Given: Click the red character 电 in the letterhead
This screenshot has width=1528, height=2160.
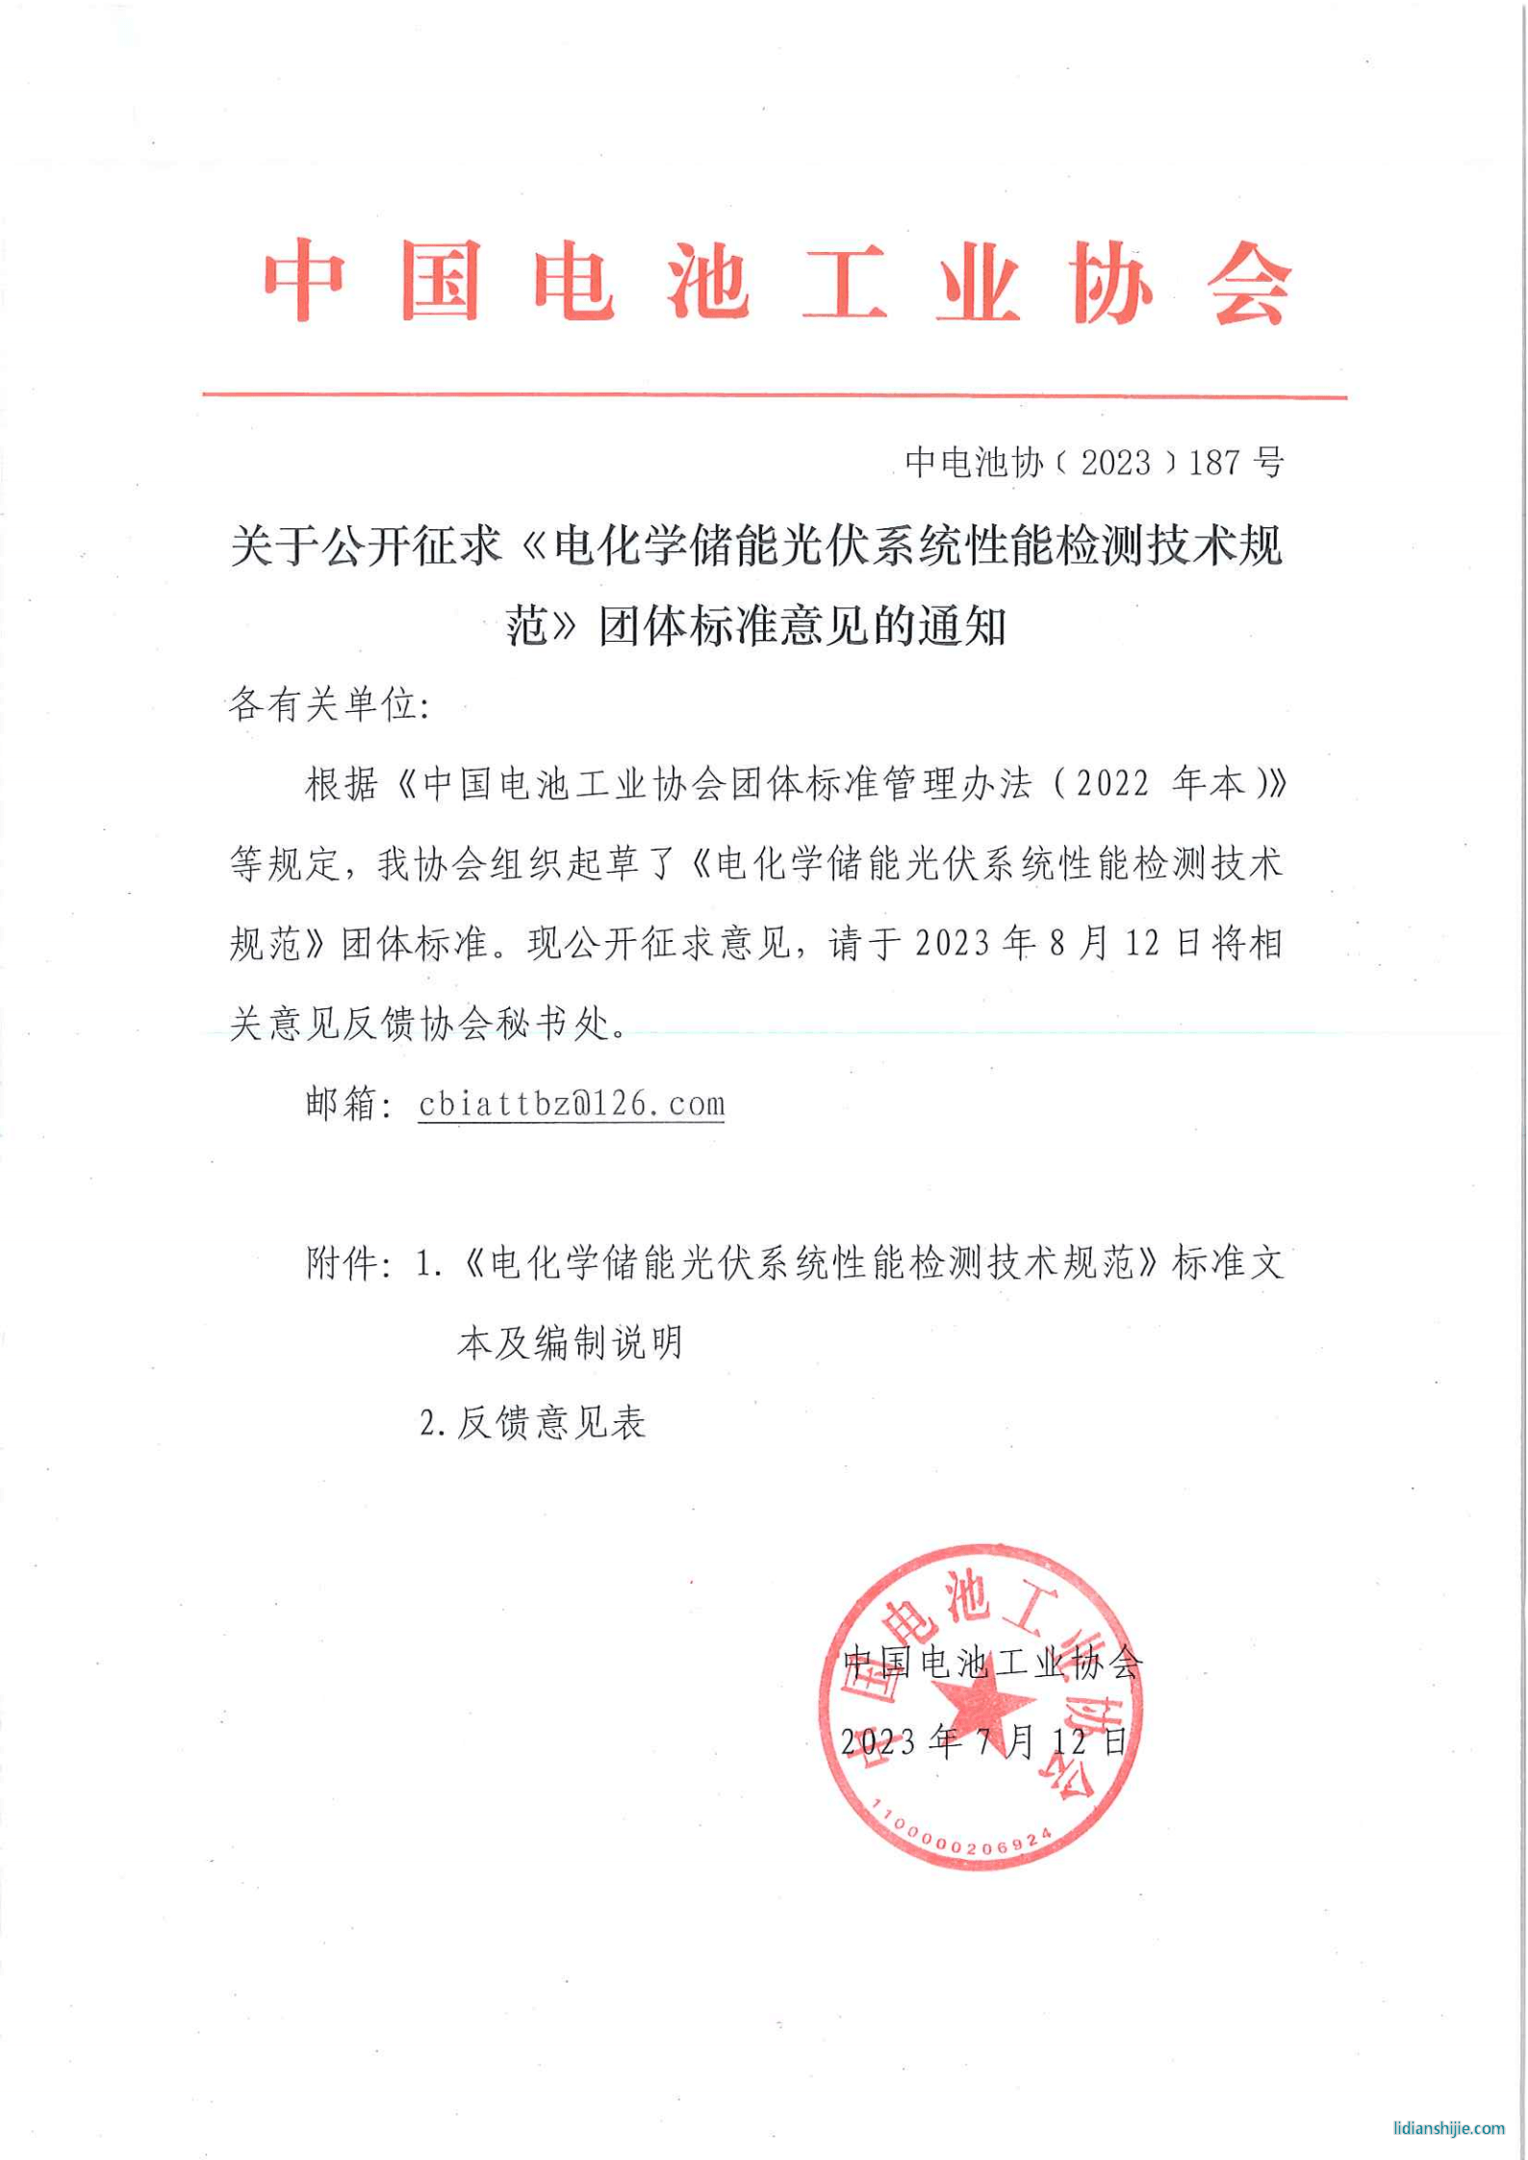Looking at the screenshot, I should [x=573, y=280].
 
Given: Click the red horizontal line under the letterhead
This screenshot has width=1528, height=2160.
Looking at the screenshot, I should [x=774, y=394].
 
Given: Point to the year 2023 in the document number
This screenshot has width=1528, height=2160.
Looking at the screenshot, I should [x=1115, y=463].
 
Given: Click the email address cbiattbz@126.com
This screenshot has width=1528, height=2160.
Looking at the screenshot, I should [x=572, y=1104].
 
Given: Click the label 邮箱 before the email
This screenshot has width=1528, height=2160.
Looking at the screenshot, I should [x=341, y=1104].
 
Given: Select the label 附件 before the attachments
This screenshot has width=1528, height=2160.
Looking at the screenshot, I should [x=341, y=1263].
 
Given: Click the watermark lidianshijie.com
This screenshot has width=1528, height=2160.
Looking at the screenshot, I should [x=1448, y=2127].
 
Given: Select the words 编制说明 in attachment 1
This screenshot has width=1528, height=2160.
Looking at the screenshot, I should [x=608, y=1343].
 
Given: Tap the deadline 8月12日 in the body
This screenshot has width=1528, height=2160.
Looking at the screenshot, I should [x=1121, y=944].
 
